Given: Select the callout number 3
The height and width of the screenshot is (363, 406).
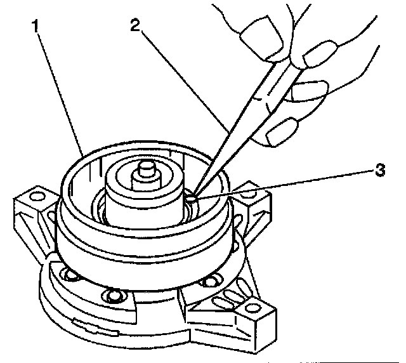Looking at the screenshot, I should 379,170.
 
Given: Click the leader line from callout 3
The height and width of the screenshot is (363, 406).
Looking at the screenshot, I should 285,185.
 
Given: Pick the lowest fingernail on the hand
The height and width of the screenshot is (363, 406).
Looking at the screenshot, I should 277,135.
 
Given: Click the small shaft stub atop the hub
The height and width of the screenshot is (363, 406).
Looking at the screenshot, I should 145,170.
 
